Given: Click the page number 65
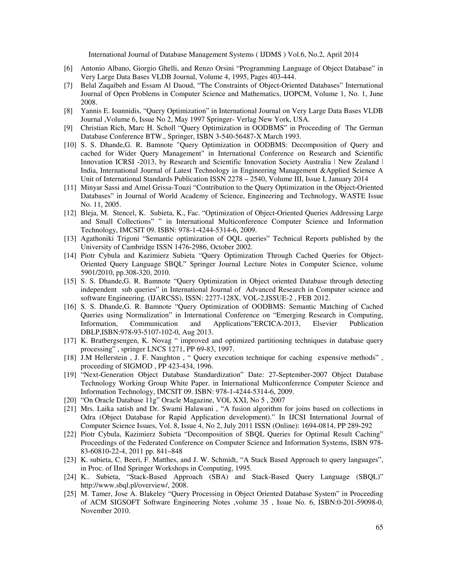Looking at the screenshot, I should [x=379, y=527].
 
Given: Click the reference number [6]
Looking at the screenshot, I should [x=68, y=68].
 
